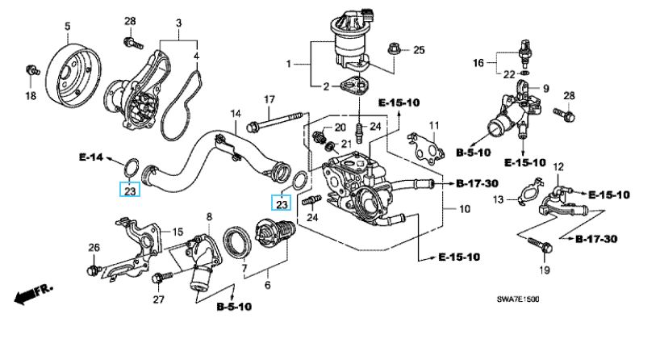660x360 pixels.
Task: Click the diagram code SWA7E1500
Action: click(518, 299)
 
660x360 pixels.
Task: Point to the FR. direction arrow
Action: click(34, 294)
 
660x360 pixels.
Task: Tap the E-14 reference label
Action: click(91, 157)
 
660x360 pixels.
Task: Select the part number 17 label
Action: click(269, 100)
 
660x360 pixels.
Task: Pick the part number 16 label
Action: click(478, 63)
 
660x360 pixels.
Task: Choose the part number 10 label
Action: click(465, 209)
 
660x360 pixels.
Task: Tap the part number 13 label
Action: click(499, 199)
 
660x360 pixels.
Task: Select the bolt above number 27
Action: click(161, 277)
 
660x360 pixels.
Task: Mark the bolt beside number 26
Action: click(94, 270)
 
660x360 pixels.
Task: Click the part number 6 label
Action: click(268, 286)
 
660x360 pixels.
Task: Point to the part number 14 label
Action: click(236, 114)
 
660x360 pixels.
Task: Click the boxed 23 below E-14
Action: click(130, 190)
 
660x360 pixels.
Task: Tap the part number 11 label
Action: click(434, 125)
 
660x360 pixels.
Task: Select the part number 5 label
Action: click(67, 27)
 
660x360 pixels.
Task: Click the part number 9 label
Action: click(546, 89)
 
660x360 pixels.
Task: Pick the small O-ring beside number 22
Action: click(524, 73)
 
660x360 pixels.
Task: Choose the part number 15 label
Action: click(178, 232)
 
